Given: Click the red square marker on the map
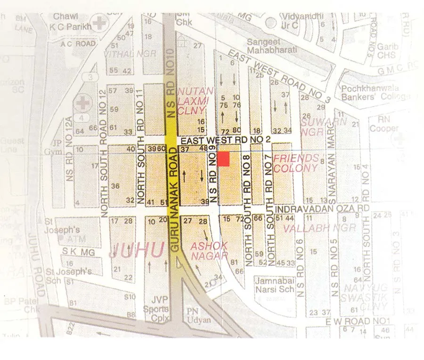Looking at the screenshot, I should (223, 159).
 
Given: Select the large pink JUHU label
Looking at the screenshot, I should (137, 249).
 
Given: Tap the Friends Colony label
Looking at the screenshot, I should (296, 163).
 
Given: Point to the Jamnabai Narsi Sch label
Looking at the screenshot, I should (271, 285).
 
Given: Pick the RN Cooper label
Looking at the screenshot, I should (384, 124).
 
